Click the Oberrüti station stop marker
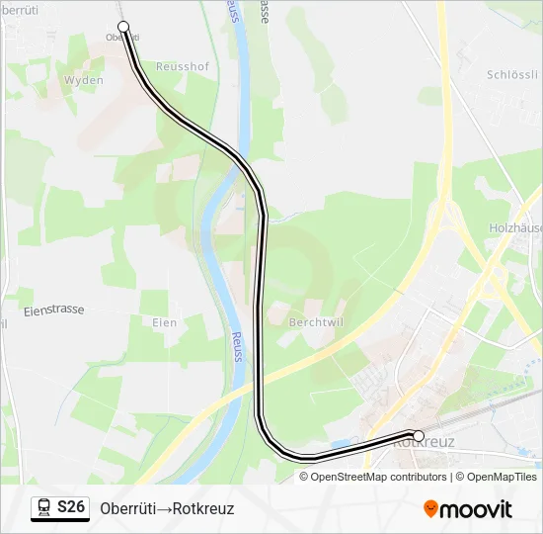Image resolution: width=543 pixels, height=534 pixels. point(123,27)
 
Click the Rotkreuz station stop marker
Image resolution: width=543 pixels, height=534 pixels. point(419,436)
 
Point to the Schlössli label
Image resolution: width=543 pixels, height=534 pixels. point(511,75)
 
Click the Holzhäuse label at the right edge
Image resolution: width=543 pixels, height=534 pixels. point(515,227)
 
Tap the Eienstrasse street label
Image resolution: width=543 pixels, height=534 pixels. point(53,310)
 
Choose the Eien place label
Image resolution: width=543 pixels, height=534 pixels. point(165,322)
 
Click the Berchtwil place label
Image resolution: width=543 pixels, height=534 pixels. point(314,322)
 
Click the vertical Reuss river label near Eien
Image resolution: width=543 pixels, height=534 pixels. point(237,346)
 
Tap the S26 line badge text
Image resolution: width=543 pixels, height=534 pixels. point(71,507)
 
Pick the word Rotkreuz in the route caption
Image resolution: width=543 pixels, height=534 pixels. point(203,508)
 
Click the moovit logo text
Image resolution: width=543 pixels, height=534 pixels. point(476,509)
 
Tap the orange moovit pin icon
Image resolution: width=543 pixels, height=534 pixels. point(430,509)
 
